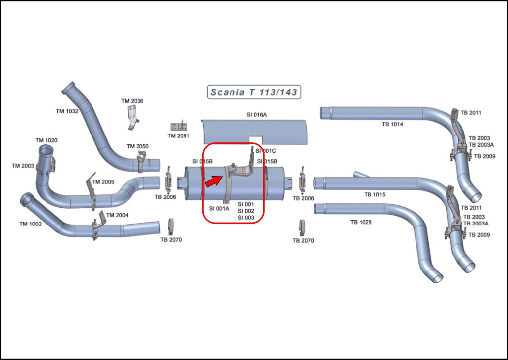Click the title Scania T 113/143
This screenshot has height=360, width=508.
(253, 92)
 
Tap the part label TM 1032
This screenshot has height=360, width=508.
(67, 111)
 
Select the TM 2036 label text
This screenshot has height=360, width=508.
(132, 101)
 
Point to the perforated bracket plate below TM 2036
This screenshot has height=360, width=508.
(132, 118)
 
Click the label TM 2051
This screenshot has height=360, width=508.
(178, 136)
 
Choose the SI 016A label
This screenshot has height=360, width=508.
(257, 115)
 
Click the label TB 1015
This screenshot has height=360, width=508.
(375, 195)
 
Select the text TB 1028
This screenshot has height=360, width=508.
(361, 223)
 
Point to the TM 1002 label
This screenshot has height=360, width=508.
(30, 224)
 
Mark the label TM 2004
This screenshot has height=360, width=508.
(117, 215)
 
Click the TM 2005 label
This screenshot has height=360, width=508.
(103, 182)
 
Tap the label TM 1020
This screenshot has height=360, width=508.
(46, 141)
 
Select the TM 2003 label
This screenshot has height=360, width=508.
(23, 166)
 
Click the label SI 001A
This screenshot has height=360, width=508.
(219, 208)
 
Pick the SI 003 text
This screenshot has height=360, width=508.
(246, 218)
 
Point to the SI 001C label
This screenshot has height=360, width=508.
(266, 151)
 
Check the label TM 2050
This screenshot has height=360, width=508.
(138, 146)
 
